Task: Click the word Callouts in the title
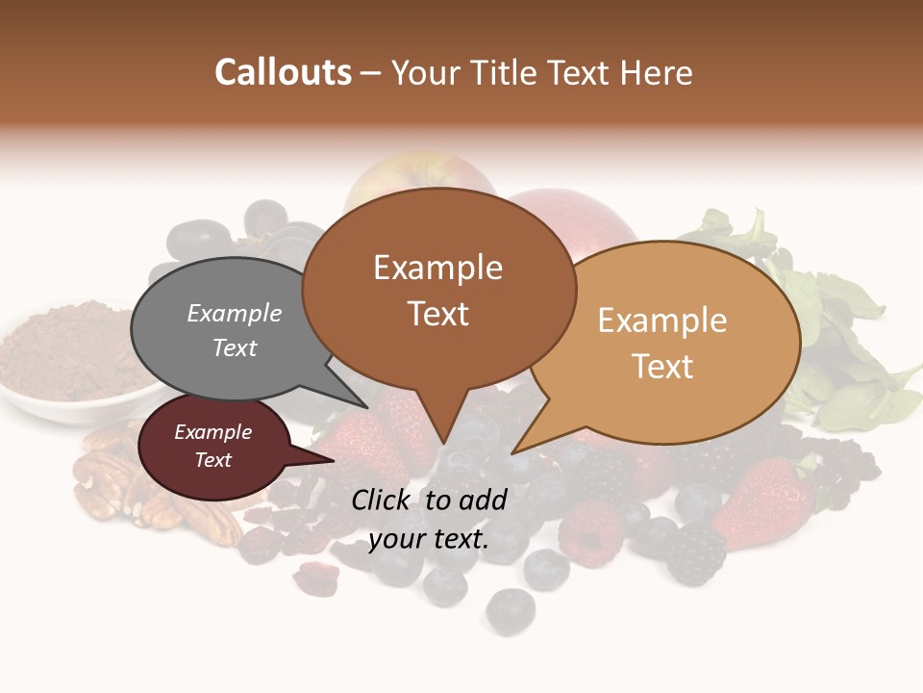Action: [x=283, y=72]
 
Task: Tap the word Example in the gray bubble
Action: [x=234, y=314]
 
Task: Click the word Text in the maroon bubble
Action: [x=213, y=460]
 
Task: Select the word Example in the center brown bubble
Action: [x=437, y=268]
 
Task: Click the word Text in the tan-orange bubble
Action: [x=663, y=367]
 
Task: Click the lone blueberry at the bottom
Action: [x=510, y=606]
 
